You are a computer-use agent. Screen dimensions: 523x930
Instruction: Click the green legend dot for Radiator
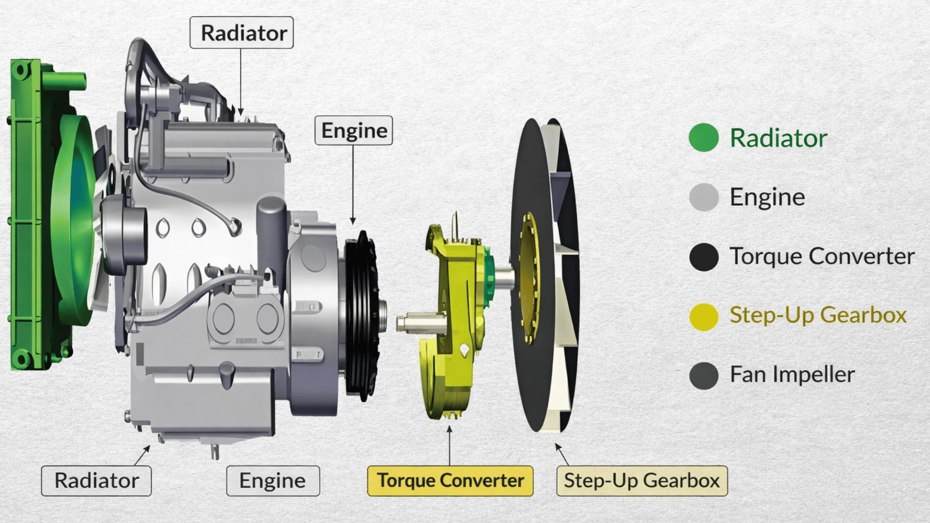[703, 138]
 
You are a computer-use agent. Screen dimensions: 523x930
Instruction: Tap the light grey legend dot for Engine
[703, 197]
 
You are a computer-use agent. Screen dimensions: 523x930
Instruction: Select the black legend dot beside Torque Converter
[703, 256]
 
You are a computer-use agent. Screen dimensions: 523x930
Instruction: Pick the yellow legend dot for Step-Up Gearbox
[703, 317]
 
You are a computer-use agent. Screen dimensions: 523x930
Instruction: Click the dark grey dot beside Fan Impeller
[703, 375]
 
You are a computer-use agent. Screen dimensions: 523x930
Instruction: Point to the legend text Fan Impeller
[792, 374]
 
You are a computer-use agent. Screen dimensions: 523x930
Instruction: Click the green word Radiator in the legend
[778, 138]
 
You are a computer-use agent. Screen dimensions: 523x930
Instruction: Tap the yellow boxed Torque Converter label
[450, 480]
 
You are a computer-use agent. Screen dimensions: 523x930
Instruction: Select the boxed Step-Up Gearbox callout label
[642, 480]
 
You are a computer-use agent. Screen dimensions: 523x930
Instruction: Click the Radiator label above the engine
[241, 32]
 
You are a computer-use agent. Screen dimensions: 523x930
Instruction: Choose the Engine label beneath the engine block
[273, 480]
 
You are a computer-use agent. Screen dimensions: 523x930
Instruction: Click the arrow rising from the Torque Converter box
[449, 446]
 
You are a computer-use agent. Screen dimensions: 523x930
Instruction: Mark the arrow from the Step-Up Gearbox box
[561, 454]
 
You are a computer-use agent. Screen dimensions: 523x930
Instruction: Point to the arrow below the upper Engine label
[353, 184]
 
